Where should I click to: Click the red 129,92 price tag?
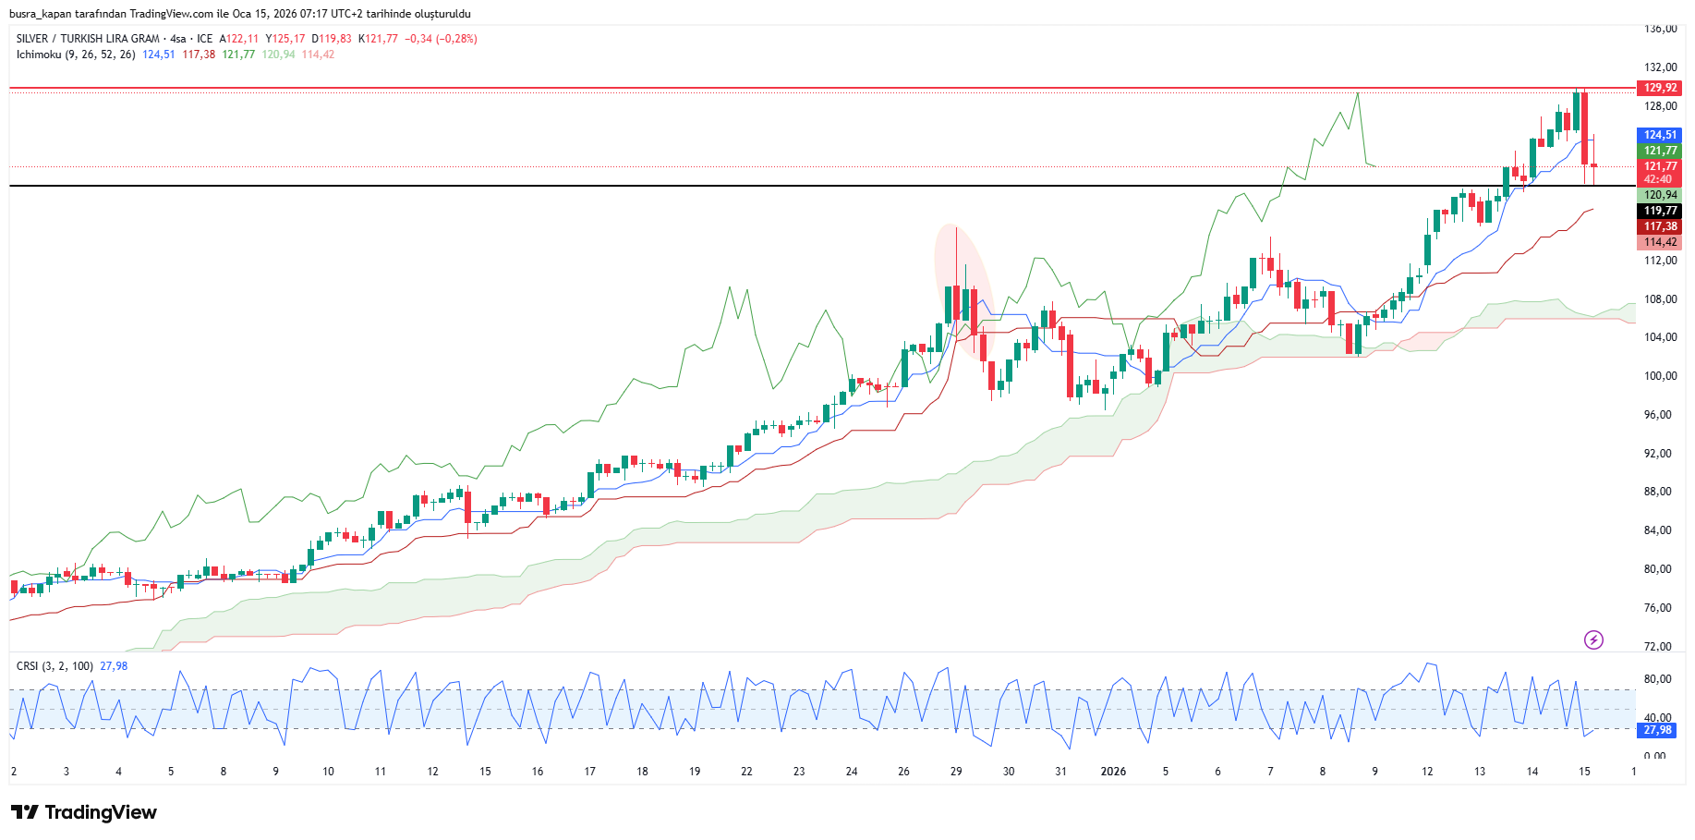(1660, 88)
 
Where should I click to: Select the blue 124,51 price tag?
(1660, 135)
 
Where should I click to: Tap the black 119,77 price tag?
(1660, 211)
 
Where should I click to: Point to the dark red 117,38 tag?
(1660, 226)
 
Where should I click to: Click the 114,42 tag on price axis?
(1660, 242)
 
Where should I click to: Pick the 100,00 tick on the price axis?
(1660, 376)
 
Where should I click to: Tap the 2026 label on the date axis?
(1113, 772)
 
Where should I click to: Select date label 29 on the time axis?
(956, 772)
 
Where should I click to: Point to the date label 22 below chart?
(746, 772)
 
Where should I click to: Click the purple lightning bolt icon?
(1593, 639)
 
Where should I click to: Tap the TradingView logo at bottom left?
(84, 812)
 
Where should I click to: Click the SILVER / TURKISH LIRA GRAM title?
(88, 39)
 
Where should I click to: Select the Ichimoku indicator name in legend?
(38, 55)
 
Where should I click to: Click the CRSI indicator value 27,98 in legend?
(114, 666)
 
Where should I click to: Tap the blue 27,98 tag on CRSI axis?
(1657, 730)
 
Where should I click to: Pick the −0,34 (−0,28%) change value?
(441, 39)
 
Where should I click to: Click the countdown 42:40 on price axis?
(1658, 179)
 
